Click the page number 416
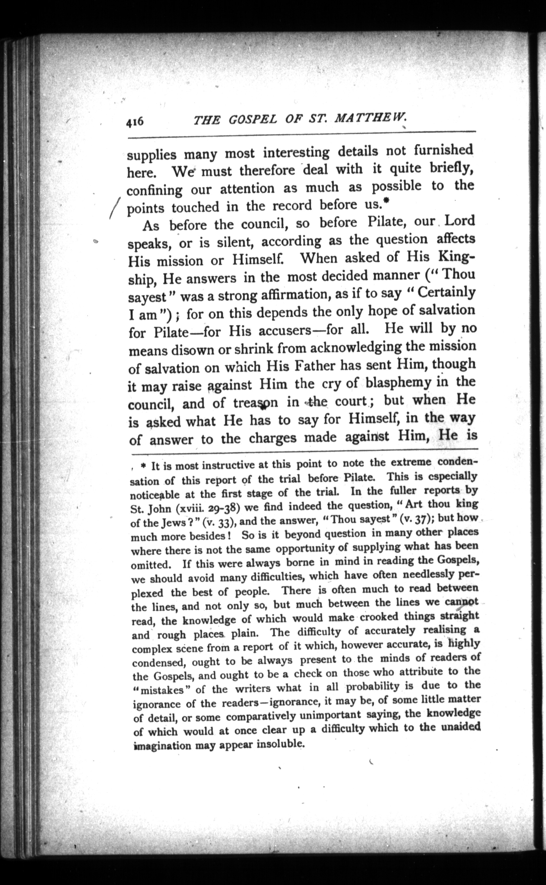point(135,122)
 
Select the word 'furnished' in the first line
point(443,150)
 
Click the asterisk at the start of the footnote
point(143,467)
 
